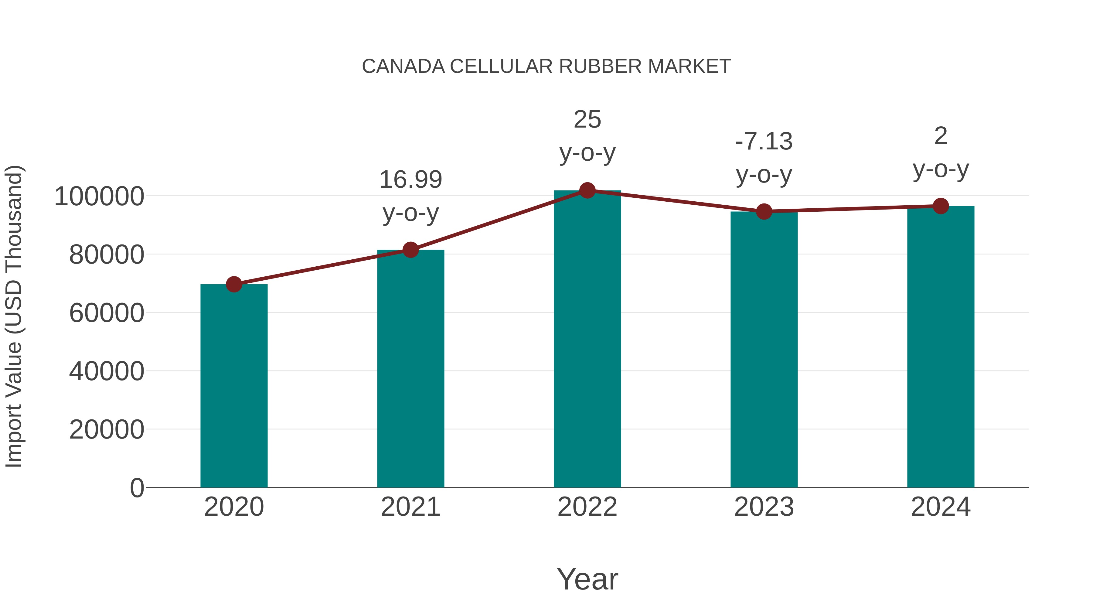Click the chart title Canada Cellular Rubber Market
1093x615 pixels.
[x=546, y=67]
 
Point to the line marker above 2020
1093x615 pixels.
[x=234, y=284]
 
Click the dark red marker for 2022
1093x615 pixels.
[x=587, y=190]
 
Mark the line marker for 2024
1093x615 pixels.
[x=941, y=206]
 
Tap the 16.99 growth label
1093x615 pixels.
[x=410, y=179]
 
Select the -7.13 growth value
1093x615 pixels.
[x=764, y=141]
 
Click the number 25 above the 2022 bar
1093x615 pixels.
[x=587, y=120]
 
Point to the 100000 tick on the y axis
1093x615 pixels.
[x=99, y=196]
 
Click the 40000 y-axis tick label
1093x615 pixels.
[x=107, y=371]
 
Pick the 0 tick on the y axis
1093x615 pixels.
[x=137, y=488]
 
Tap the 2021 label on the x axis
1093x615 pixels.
[x=410, y=507]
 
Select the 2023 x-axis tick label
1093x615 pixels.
[x=764, y=507]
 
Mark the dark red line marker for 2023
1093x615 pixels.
[x=764, y=211]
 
